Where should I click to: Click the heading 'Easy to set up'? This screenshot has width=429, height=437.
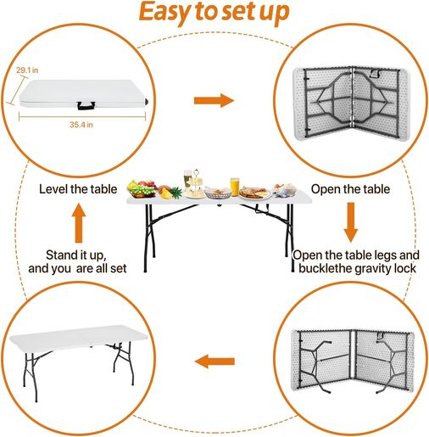pyautogui.click(x=214, y=12)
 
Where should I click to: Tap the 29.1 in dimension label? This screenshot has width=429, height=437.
pyautogui.click(x=27, y=70)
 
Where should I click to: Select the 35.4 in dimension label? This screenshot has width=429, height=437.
pyautogui.click(x=81, y=125)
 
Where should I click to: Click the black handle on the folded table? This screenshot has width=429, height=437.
pyautogui.click(x=86, y=106)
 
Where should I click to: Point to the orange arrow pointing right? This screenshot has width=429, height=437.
pyautogui.click(x=214, y=100)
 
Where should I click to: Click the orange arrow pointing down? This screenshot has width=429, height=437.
pyautogui.click(x=351, y=222)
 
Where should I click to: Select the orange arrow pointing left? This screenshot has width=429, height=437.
pyautogui.click(x=214, y=361)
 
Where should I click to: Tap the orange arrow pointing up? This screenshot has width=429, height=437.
pyautogui.click(x=79, y=223)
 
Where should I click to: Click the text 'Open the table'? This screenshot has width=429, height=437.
pyautogui.click(x=350, y=189)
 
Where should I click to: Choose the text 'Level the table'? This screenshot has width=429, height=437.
pyautogui.click(x=78, y=189)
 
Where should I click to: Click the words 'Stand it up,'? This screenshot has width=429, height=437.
pyautogui.click(x=76, y=255)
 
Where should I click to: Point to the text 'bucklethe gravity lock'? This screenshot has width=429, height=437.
pyautogui.click(x=357, y=268)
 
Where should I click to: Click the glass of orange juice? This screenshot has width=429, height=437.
pyautogui.click(x=235, y=187)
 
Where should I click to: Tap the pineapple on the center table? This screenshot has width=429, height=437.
pyautogui.click(x=171, y=193)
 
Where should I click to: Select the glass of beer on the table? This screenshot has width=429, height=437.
pyautogui.click(x=187, y=179)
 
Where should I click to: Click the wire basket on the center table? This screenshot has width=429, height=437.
pyautogui.click(x=218, y=193)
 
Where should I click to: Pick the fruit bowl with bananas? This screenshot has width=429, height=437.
pyautogui.click(x=142, y=188)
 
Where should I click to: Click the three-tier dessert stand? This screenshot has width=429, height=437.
pyautogui.click(x=195, y=184)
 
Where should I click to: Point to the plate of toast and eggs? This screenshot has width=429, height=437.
pyautogui.click(x=254, y=193)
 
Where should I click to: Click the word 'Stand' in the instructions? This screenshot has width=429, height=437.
pyautogui.click(x=59, y=255)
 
